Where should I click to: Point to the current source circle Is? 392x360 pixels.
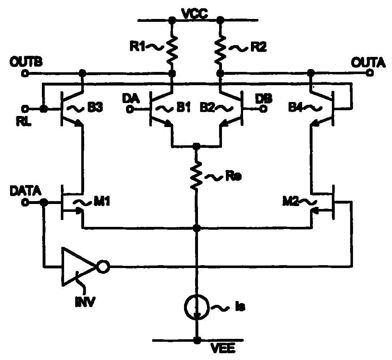(196, 306)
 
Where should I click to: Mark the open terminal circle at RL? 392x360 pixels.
(25, 108)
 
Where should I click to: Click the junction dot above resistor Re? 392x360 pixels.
(196, 146)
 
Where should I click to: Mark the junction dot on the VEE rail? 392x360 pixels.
(196, 340)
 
